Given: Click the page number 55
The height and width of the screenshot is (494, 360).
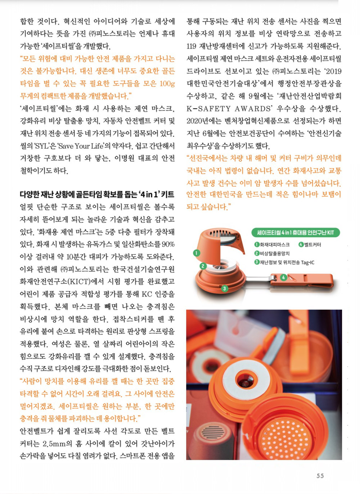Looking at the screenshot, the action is point(320,476).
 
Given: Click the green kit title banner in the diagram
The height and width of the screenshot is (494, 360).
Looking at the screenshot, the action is point(296,233).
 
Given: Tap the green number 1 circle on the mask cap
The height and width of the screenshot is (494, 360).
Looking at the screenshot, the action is point(196,253).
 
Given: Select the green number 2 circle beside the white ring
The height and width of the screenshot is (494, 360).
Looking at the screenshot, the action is point(203,266).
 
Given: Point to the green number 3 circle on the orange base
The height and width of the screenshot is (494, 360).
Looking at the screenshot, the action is point(224,288).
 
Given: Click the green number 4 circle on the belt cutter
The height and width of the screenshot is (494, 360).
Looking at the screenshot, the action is point(284,278).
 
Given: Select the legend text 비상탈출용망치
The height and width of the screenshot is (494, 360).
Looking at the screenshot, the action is point(275,253).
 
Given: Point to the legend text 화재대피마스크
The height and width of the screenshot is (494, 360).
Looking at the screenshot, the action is point(275,244).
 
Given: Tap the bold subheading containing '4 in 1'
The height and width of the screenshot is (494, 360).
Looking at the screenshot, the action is point(97,194).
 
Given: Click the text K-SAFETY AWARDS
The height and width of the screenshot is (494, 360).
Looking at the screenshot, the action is point(229,109).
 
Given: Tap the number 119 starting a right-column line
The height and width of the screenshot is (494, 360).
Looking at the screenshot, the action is point(192,46).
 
